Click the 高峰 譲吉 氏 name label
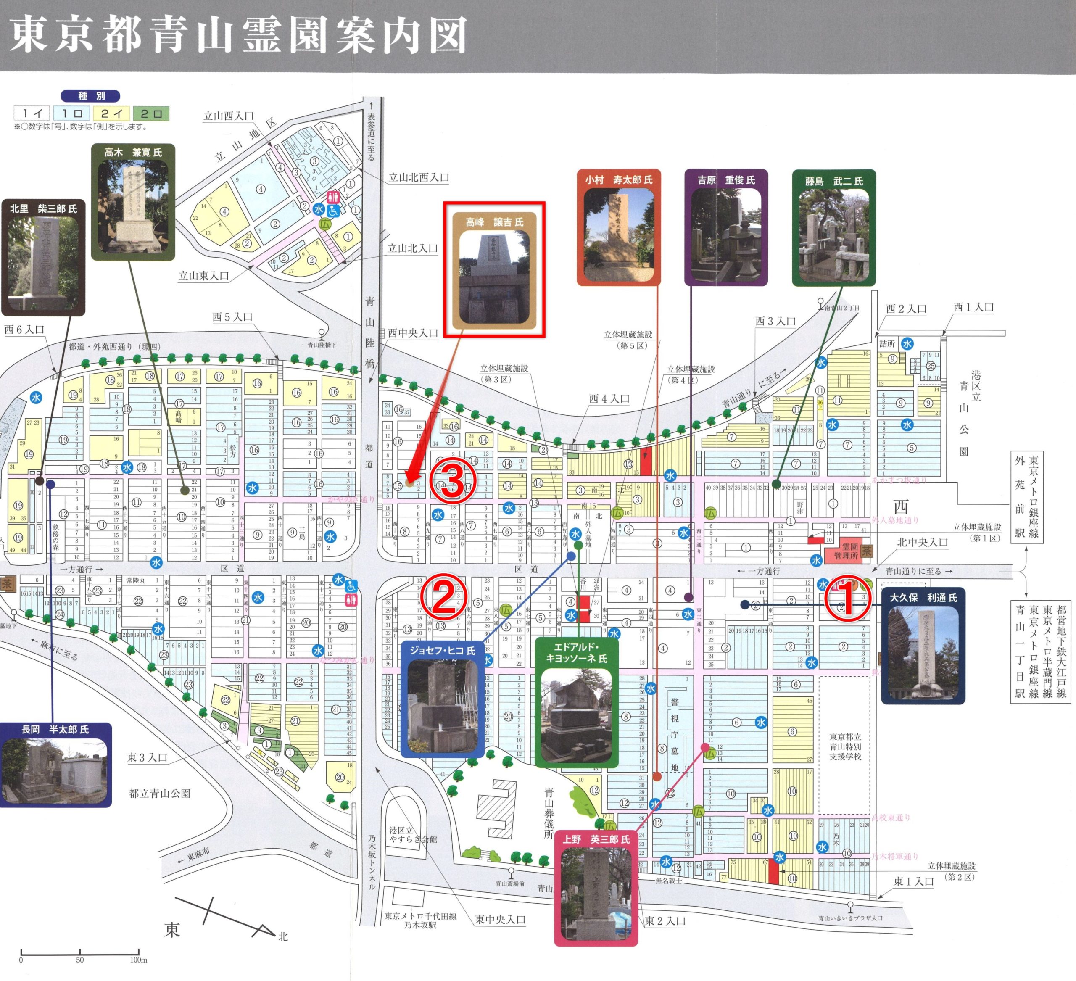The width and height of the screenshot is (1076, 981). [x=494, y=222]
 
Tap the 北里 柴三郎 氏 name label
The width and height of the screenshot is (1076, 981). [x=43, y=209]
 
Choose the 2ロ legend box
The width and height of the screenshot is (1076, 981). [x=152, y=113]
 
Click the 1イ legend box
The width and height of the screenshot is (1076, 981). [x=32, y=113]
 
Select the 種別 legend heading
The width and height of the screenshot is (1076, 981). [x=91, y=96]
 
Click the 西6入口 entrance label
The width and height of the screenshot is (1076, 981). [x=24, y=330]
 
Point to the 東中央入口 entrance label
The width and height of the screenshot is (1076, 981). [x=500, y=920]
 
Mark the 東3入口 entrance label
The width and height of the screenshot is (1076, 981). [x=147, y=757]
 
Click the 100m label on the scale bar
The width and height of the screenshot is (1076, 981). [x=138, y=960]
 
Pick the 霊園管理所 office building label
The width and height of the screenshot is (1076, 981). [x=846, y=552]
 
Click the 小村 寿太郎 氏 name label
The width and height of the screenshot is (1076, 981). [x=619, y=180]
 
